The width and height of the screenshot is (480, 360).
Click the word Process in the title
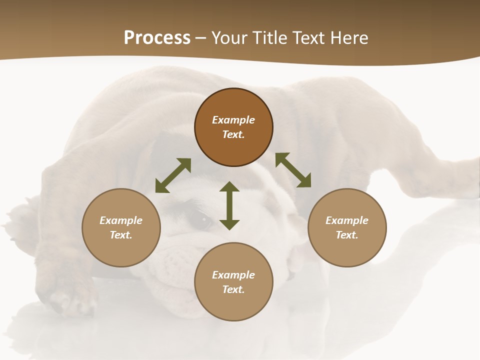157,38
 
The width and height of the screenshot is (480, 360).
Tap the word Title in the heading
269,38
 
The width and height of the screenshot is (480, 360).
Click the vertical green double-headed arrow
229,205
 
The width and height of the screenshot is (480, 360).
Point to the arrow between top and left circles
173,175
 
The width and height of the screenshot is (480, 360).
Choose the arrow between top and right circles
293,170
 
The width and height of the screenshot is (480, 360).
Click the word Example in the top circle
233,120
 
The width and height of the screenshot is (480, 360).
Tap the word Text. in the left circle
121,235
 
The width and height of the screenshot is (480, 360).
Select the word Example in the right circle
347,220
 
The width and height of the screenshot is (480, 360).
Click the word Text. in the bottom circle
233,289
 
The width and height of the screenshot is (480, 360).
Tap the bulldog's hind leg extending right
440,175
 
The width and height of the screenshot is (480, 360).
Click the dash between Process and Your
200,38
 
